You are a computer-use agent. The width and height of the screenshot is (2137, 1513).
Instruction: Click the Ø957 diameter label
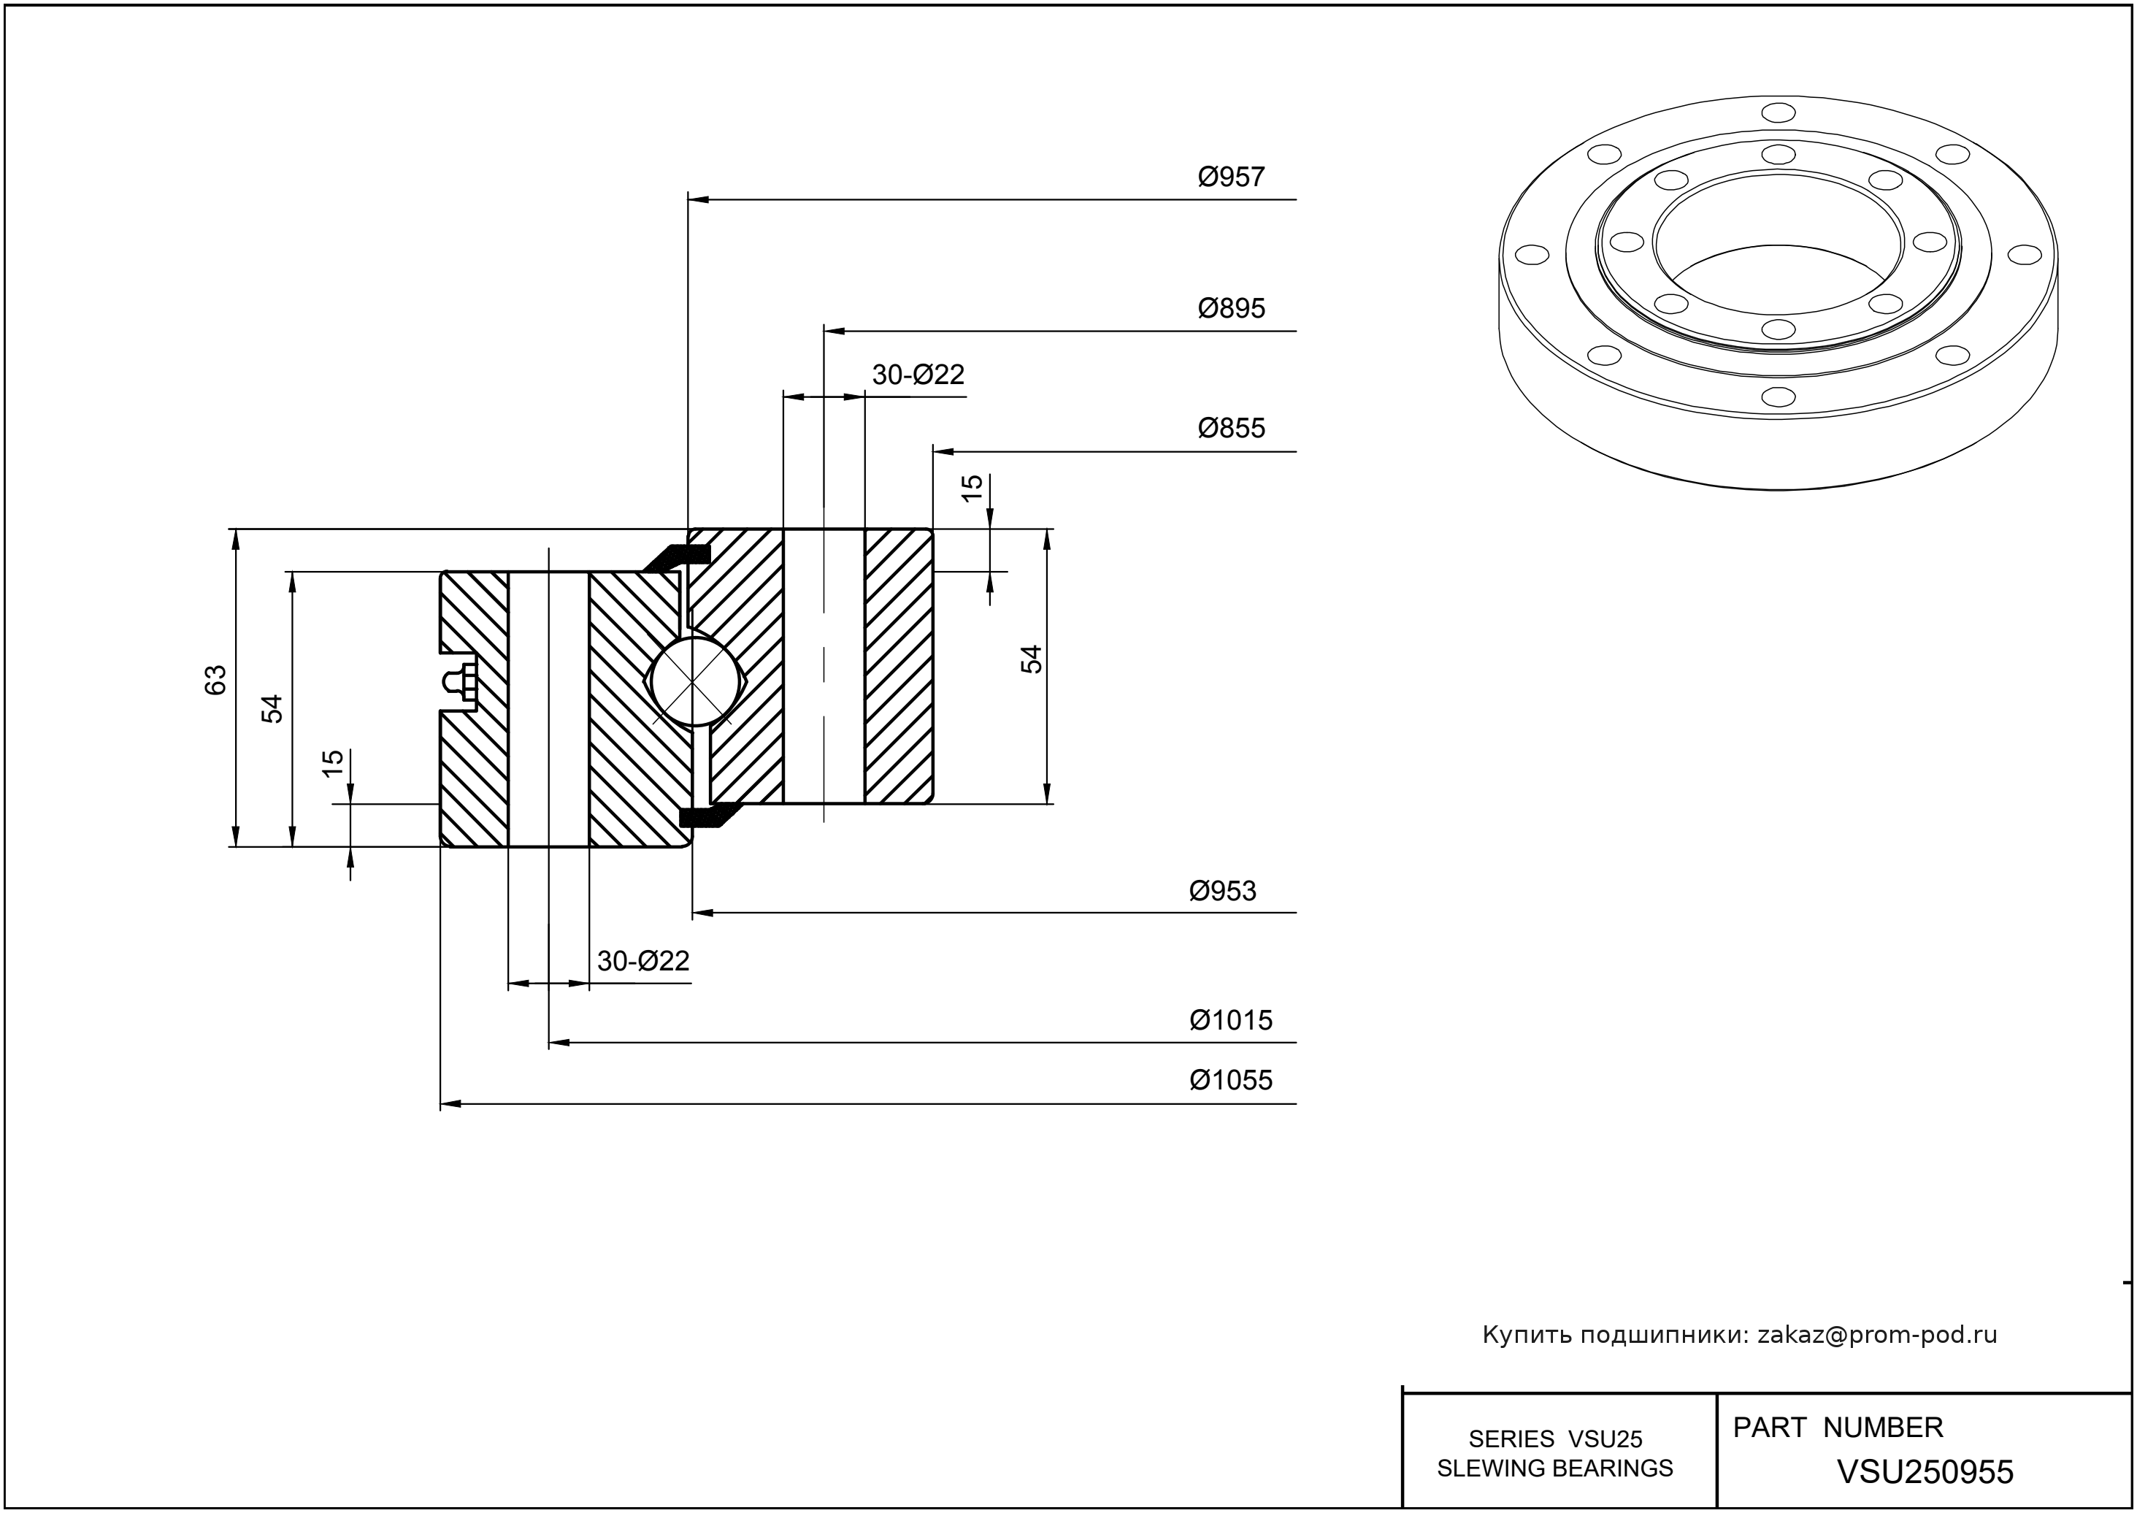(1231, 177)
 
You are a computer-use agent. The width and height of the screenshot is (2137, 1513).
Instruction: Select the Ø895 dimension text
(1231, 308)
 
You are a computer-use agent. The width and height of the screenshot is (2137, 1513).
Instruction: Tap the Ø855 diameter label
(1231, 429)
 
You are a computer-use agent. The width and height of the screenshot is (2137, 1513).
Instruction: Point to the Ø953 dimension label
(1222, 892)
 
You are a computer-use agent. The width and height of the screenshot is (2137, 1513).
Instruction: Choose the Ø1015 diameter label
(1229, 1020)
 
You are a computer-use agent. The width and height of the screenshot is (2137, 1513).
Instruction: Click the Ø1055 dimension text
(1229, 1081)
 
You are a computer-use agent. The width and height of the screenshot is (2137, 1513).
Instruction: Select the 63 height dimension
(216, 680)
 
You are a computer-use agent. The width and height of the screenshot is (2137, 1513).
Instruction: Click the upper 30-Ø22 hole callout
(918, 375)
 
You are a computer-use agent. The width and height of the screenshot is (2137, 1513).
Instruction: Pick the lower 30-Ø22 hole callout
(642, 960)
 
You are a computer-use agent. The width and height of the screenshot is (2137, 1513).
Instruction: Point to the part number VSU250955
(1925, 1472)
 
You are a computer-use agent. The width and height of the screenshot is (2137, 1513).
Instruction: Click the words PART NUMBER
(1837, 1428)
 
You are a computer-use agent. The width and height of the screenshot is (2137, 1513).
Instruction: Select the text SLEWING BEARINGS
(1555, 1468)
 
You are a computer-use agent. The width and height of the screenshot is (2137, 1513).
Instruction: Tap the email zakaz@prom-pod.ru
(1876, 1335)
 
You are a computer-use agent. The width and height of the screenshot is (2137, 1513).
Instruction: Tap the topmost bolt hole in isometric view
(1779, 114)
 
